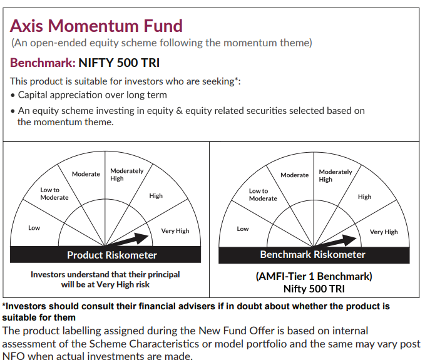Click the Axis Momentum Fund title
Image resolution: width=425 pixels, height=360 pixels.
96,26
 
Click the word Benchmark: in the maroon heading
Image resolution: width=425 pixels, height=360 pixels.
43,63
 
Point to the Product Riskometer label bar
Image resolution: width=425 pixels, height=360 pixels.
112,255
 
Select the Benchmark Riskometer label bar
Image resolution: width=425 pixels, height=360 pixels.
312,254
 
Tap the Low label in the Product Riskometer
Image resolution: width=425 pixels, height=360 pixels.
34,228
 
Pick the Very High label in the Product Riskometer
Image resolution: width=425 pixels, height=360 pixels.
175,231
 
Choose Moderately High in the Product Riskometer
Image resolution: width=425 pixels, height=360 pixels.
126,175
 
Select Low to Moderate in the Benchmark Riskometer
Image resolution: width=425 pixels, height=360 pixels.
263,195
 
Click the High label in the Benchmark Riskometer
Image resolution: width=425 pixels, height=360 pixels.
364,197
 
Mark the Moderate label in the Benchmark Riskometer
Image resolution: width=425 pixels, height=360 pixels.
294,175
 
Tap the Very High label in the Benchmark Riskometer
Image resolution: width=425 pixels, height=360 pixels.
384,232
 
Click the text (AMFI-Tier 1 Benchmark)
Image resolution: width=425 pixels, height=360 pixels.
314,276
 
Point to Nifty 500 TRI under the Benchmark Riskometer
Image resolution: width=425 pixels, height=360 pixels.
314,289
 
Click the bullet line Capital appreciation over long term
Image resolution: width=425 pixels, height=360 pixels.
92,95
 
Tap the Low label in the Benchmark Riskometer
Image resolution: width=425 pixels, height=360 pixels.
243,229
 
